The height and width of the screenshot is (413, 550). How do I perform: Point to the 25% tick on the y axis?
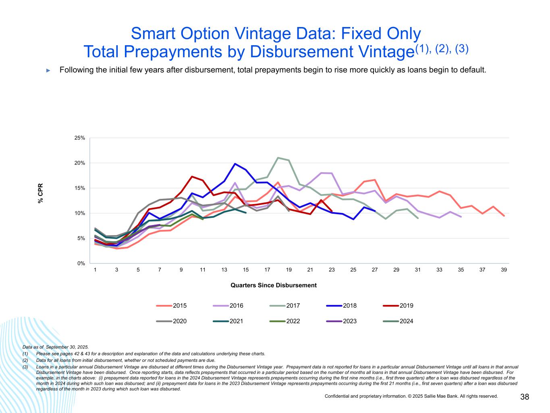pos(80,138)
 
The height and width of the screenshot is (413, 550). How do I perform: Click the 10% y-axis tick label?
pos(80,213)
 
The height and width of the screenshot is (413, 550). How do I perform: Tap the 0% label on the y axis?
pos(81,263)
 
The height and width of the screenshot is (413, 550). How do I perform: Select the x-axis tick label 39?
pos(504,270)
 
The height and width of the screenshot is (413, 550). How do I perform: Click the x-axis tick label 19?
pos(288,270)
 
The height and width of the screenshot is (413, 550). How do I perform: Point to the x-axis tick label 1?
pos(95,270)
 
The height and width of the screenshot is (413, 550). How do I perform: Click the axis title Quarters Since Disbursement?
pos(274,285)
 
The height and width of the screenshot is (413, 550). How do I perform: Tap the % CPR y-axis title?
pos(40,194)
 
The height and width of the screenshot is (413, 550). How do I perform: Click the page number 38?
pos(525,397)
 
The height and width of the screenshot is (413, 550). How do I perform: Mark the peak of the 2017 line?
pos(278,158)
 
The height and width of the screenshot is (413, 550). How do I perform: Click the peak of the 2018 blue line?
pos(235,164)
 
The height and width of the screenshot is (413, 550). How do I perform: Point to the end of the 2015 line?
pos(504,216)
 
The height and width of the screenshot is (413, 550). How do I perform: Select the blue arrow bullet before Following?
pos(48,71)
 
